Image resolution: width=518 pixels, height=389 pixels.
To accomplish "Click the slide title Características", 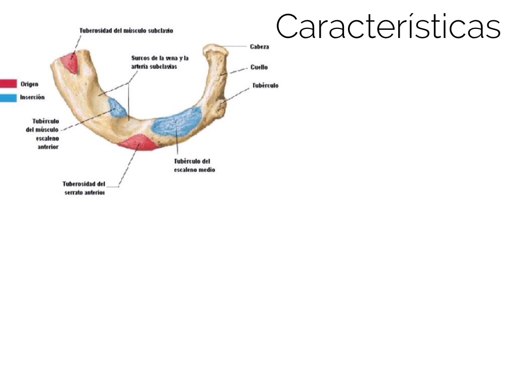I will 388,26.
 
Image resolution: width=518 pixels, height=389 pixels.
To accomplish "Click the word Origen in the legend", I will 29,84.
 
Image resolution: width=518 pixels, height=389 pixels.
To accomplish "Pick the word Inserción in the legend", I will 32,97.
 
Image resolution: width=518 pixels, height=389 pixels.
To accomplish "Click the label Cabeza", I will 259,47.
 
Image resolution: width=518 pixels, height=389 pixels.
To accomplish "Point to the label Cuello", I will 259,67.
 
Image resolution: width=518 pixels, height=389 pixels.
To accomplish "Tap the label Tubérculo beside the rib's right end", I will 265,86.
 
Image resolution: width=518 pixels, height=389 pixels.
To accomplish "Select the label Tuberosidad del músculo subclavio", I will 126,31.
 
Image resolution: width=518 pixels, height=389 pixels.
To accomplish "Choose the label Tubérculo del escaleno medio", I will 194,166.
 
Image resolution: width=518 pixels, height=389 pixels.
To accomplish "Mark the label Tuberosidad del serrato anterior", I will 84,188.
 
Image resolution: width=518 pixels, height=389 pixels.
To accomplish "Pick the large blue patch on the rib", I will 177,122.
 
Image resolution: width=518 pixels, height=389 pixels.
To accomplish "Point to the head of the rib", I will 214,50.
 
